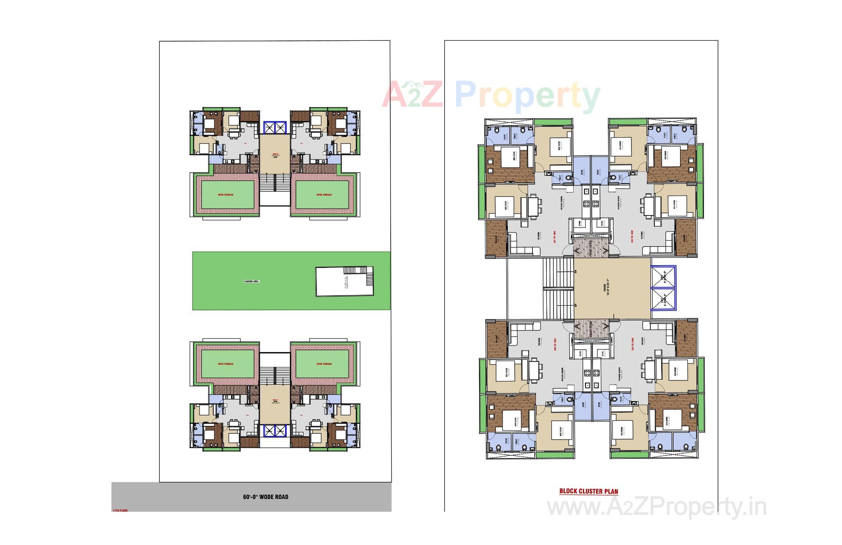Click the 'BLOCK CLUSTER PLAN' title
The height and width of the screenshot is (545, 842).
pos(589,491)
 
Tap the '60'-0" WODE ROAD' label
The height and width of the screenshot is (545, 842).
pos(266,497)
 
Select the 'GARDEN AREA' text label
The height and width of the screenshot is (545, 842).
pos(252,281)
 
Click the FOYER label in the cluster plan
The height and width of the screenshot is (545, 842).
pos(606,288)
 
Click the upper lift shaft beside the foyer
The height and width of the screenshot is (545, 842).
pos(663,277)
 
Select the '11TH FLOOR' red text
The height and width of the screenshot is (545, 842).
pos(119,510)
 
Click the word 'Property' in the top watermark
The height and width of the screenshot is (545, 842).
pos(527,96)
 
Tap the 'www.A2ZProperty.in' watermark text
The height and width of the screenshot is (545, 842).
pos(657,508)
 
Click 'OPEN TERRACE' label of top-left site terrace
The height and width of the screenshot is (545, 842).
pos(226,195)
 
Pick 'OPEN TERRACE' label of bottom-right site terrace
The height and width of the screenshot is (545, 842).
pos(324,364)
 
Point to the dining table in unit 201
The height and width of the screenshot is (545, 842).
pos(534,206)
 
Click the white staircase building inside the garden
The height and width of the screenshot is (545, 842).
pos(344,281)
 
